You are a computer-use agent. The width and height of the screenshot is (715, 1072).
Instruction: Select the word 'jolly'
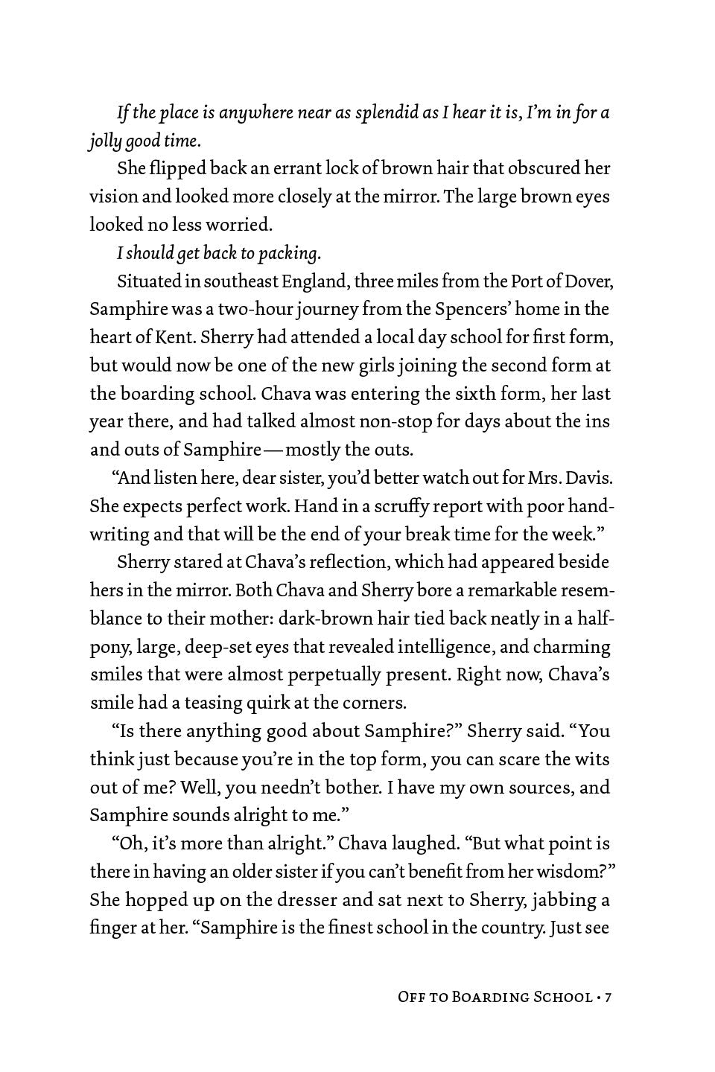[x=103, y=141]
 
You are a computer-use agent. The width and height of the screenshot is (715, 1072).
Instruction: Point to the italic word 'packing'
[x=287, y=253]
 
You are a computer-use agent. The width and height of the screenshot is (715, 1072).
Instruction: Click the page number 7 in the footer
[x=607, y=997]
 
